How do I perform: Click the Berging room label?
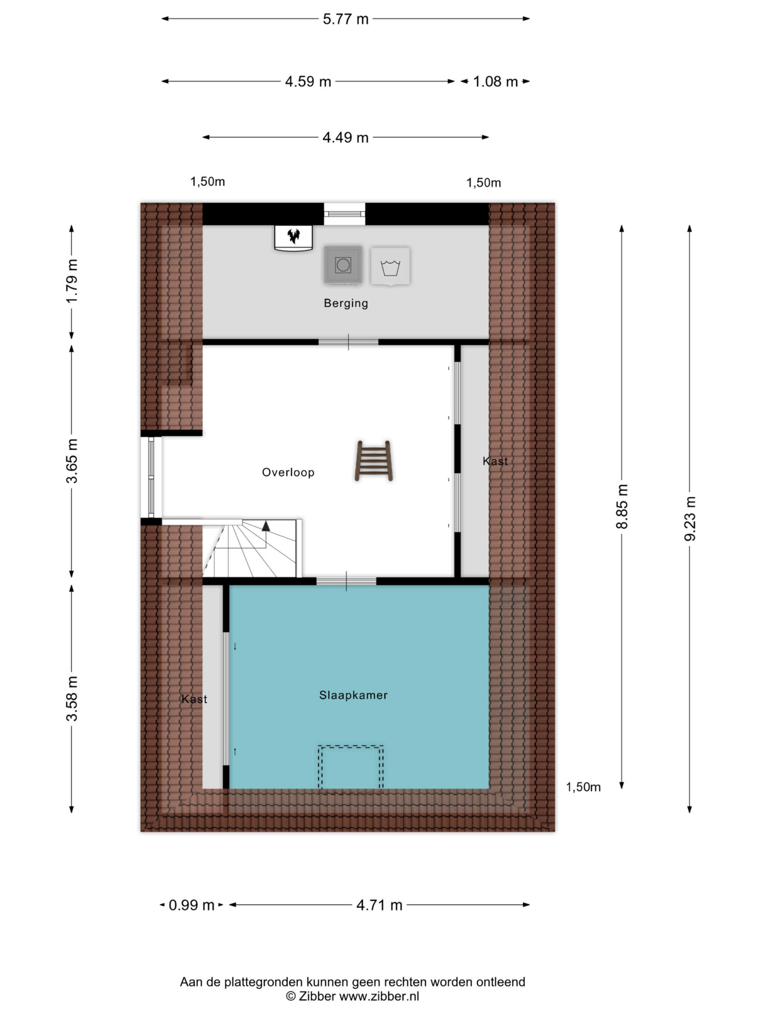coord(345,303)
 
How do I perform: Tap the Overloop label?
coord(288,472)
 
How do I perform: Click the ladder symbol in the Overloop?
coord(374,461)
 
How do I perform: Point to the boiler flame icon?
coord(293,236)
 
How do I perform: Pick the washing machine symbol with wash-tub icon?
coord(391,266)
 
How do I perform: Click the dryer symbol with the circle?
coord(343,265)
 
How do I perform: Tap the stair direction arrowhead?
coord(266,526)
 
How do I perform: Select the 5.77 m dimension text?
coord(345,19)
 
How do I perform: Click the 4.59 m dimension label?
coord(308,82)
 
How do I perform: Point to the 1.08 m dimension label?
coord(495,82)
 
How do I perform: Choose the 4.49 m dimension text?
coord(345,137)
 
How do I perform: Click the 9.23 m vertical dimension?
coord(690,519)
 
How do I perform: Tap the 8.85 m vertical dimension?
coord(622,507)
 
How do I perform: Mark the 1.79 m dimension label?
coord(72,280)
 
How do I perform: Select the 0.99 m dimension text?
coord(191,905)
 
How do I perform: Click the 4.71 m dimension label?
coord(379,905)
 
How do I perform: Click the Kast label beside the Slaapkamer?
coord(194,699)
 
